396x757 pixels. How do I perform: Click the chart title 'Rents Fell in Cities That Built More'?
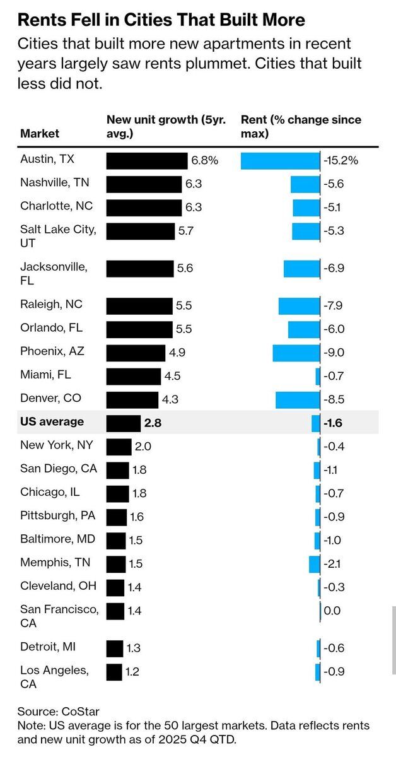[x=161, y=20]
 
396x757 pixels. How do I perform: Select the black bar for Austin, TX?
[x=147, y=161]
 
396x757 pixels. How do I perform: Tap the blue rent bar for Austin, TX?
[x=281, y=161]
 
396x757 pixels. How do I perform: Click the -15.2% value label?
[x=341, y=161]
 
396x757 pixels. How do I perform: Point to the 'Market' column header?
[x=40, y=133]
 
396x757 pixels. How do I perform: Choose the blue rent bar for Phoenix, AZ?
[x=296, y=353]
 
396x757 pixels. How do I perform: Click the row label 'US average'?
[x=52, y=421]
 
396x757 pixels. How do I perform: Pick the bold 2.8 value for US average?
[x=153, y=423]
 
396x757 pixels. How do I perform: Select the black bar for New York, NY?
[x=119, y=447]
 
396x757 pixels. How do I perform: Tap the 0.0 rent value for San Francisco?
[x=332, y=611]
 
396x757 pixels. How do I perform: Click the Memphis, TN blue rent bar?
[x=315, y=563]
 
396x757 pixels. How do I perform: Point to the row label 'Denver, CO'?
[x=50, y=399]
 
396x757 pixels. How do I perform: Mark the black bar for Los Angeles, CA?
[x=114, y=672]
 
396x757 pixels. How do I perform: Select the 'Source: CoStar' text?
[x=59, y=712]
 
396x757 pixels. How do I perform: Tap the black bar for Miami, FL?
[x=134, y=377]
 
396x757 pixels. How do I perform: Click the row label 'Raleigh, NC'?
[x=51, y=304]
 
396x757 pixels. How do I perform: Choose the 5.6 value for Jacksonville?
[x=185, y=268]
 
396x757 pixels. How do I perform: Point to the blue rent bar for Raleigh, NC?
[x=300, y=306]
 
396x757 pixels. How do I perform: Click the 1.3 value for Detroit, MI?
[x=134, y=648]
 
